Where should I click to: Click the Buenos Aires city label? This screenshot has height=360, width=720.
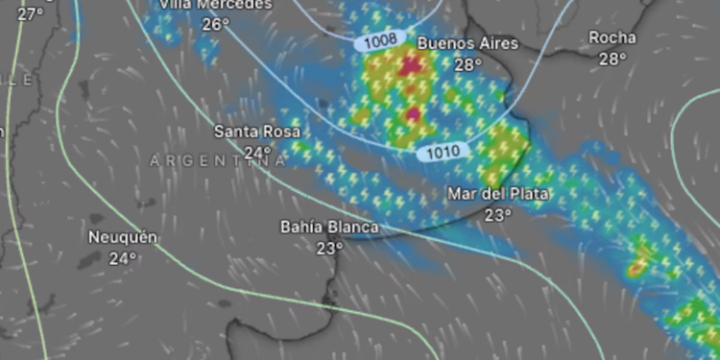point(468,44)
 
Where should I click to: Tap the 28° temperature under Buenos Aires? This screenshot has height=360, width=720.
point(468,65)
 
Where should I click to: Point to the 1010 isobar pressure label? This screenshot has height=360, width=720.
point(443,151)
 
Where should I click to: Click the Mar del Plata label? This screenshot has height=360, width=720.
point(497,194)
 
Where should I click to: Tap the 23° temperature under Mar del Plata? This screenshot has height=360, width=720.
point(497,214)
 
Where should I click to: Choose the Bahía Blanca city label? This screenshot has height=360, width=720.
point(328,228)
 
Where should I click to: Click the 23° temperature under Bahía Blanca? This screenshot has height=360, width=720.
point(329,248)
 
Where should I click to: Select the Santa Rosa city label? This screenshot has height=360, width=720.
point(256,132)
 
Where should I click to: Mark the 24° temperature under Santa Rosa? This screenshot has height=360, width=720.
point(257,153)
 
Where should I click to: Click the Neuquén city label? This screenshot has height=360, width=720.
point(122,237)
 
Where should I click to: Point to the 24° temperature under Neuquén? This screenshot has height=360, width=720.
point(123,257)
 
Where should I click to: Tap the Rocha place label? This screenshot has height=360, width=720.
point(612,37)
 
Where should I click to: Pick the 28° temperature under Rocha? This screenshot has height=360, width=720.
point(612,59)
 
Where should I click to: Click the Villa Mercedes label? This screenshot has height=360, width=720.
point(216,5)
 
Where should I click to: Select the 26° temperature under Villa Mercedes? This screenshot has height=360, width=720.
point(216,24)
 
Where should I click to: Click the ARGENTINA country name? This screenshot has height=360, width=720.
point(218,161)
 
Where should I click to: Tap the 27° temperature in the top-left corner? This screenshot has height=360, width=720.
point(30,13)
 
